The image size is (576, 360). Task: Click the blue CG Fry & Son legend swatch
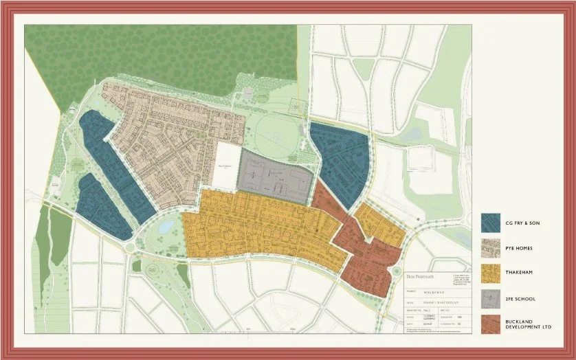[x=491, y=222]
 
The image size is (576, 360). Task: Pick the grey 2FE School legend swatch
[x=491, y=299]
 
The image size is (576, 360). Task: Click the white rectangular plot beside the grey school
[x=224, y=166]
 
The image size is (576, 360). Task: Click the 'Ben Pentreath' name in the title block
[x=421, y=275]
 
